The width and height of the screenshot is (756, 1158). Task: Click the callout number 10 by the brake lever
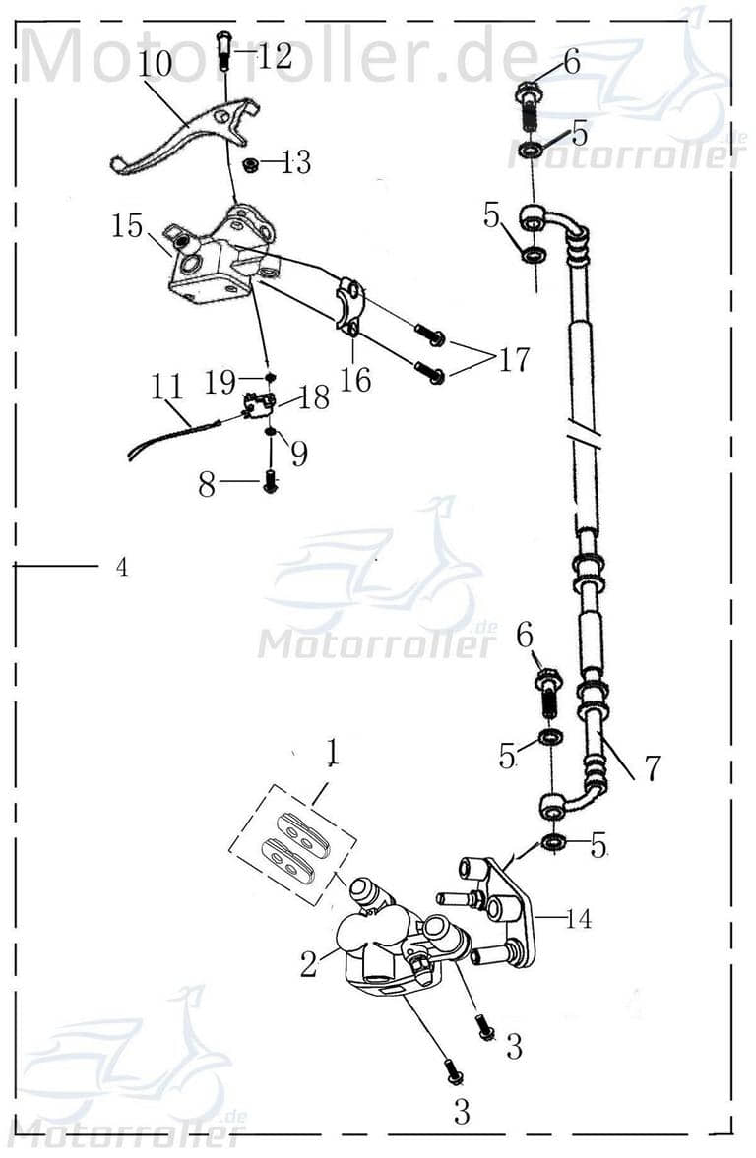[x=155, y=64]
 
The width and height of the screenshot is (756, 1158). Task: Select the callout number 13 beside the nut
[x=295, y=163]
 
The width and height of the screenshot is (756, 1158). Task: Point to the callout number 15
[x=128, y=226]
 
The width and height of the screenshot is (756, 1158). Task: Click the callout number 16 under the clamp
[x=355, y=379]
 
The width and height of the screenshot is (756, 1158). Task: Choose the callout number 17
[x=513, y=360]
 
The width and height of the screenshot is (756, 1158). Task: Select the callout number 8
[x=207, y=484]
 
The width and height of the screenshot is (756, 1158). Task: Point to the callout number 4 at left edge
[x=121, y=568]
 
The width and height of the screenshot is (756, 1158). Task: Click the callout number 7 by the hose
[x=653, y=767]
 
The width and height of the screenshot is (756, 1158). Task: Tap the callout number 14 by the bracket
[x=580, y=920]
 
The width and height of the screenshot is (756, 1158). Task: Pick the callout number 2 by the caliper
[x=309, y=963]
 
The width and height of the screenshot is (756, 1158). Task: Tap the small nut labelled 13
[x=251, y=164]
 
